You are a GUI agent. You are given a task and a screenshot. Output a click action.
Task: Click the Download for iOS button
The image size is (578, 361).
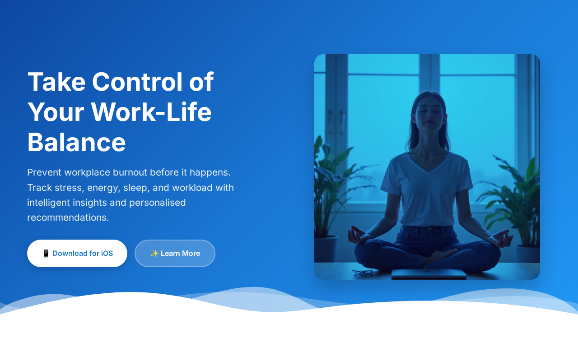(77, 253)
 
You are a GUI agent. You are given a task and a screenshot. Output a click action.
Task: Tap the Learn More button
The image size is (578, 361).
(175, 253)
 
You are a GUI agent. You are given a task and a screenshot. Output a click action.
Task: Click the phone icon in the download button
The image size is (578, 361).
(46, 253)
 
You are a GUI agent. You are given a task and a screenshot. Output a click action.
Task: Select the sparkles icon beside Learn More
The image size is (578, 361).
(154, 253)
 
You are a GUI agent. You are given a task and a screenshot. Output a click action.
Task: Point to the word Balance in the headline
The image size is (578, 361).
(76, 142)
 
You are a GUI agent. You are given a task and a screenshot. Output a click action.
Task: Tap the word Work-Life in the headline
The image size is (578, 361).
(151, 112)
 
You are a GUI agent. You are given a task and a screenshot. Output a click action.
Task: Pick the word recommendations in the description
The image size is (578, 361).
(68, 218)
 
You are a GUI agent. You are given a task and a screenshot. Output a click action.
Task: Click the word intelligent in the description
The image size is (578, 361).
(48, 203)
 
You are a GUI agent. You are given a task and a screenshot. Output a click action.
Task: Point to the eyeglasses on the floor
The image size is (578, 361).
(363, 272)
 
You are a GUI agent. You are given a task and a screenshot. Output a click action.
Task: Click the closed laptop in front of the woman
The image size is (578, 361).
(429, 274)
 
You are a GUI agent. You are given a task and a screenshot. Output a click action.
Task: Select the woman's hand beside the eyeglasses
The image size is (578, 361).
(357, 235)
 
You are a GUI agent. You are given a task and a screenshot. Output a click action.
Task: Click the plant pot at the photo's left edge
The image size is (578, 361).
(326, 249)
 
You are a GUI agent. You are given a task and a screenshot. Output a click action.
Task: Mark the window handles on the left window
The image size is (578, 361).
(336, 121)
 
